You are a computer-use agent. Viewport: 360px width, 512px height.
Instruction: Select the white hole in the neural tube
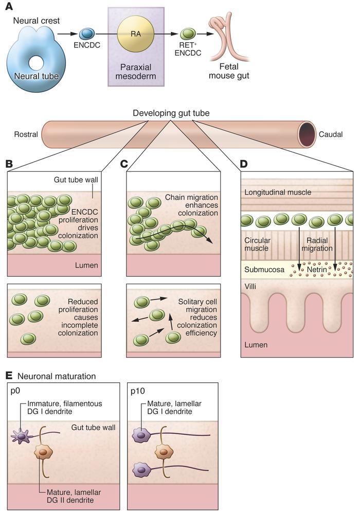(37, 63)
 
